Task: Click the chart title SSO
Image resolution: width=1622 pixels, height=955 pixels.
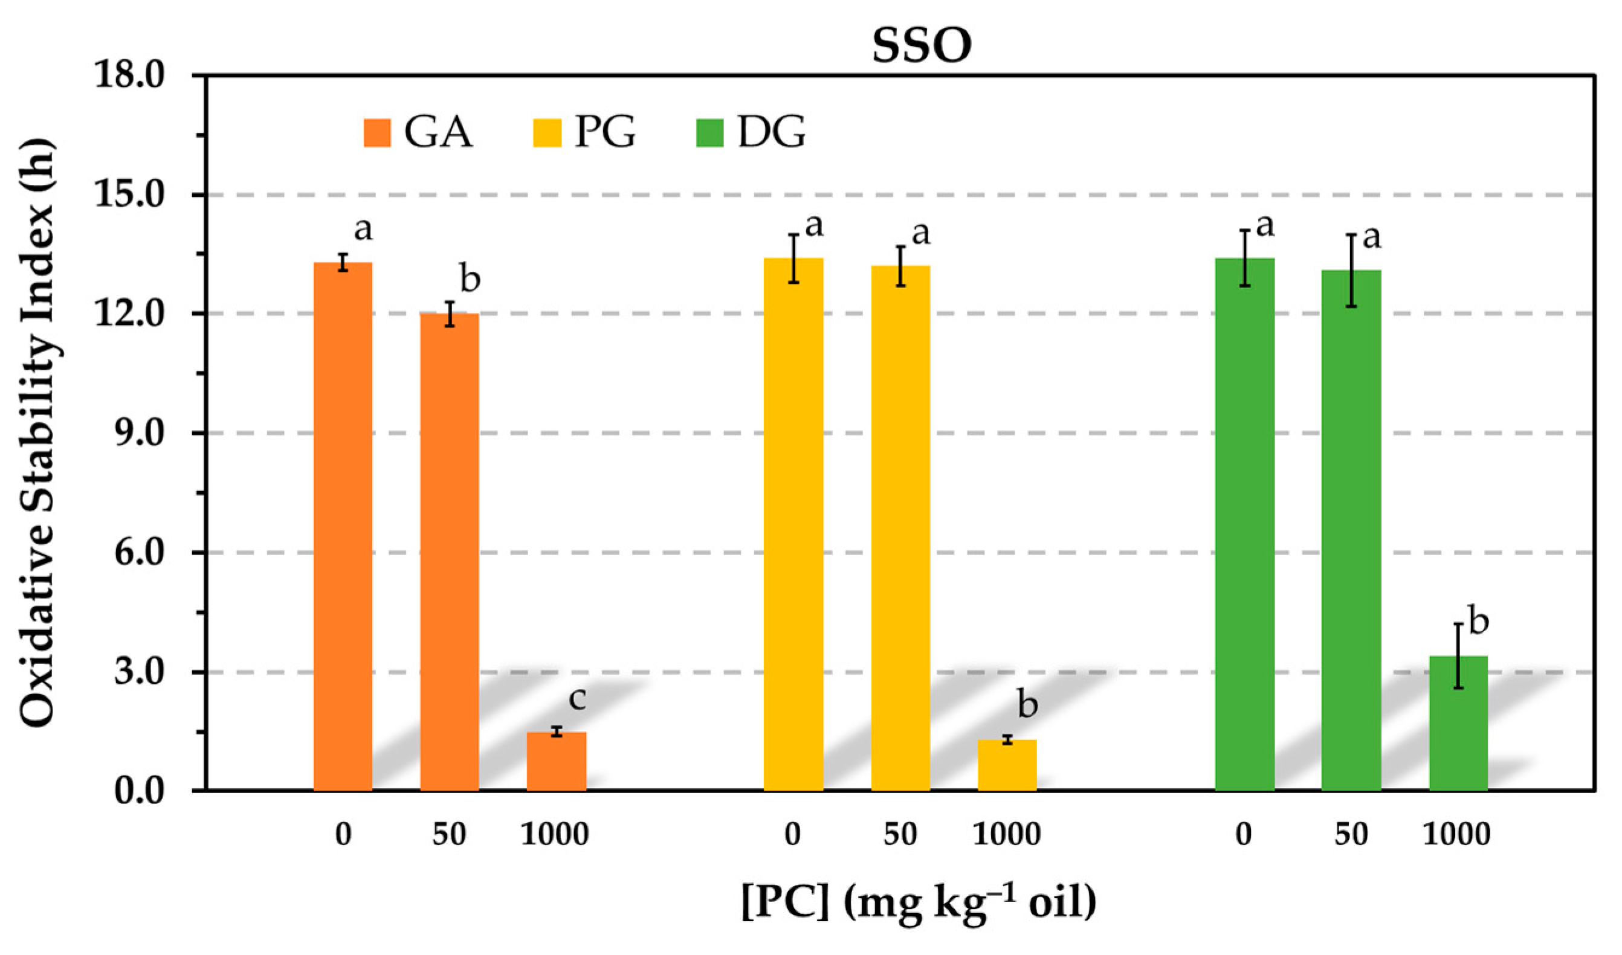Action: pyautogui.click(x=921, y=47)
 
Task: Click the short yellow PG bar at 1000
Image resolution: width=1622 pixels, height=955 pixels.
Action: pyautogui.click(x=1007, y=765)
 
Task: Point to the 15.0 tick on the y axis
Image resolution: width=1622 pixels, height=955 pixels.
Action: pyautogui.click(x=129, y=195)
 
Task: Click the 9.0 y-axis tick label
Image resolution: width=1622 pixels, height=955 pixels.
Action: pyautogui.click(x=139, y=433)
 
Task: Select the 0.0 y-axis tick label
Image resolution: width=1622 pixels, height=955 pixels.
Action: pyautogui.click(x=139, y=791)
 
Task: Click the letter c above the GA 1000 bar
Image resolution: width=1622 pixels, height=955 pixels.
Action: pyautogui.click(x=577, y=699)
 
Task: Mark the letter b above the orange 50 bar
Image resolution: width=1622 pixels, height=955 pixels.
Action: pyautogui.click(x=470, y=279)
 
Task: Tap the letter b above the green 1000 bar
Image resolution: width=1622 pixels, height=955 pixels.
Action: pyautogui.click(x=1478, y=622)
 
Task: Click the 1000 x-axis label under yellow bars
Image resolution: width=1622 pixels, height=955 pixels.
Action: pyautogui.click(x=1006, y=835)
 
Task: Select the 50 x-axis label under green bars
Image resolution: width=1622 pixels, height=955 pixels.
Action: pyautogui.click(x=1351, y=835)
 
